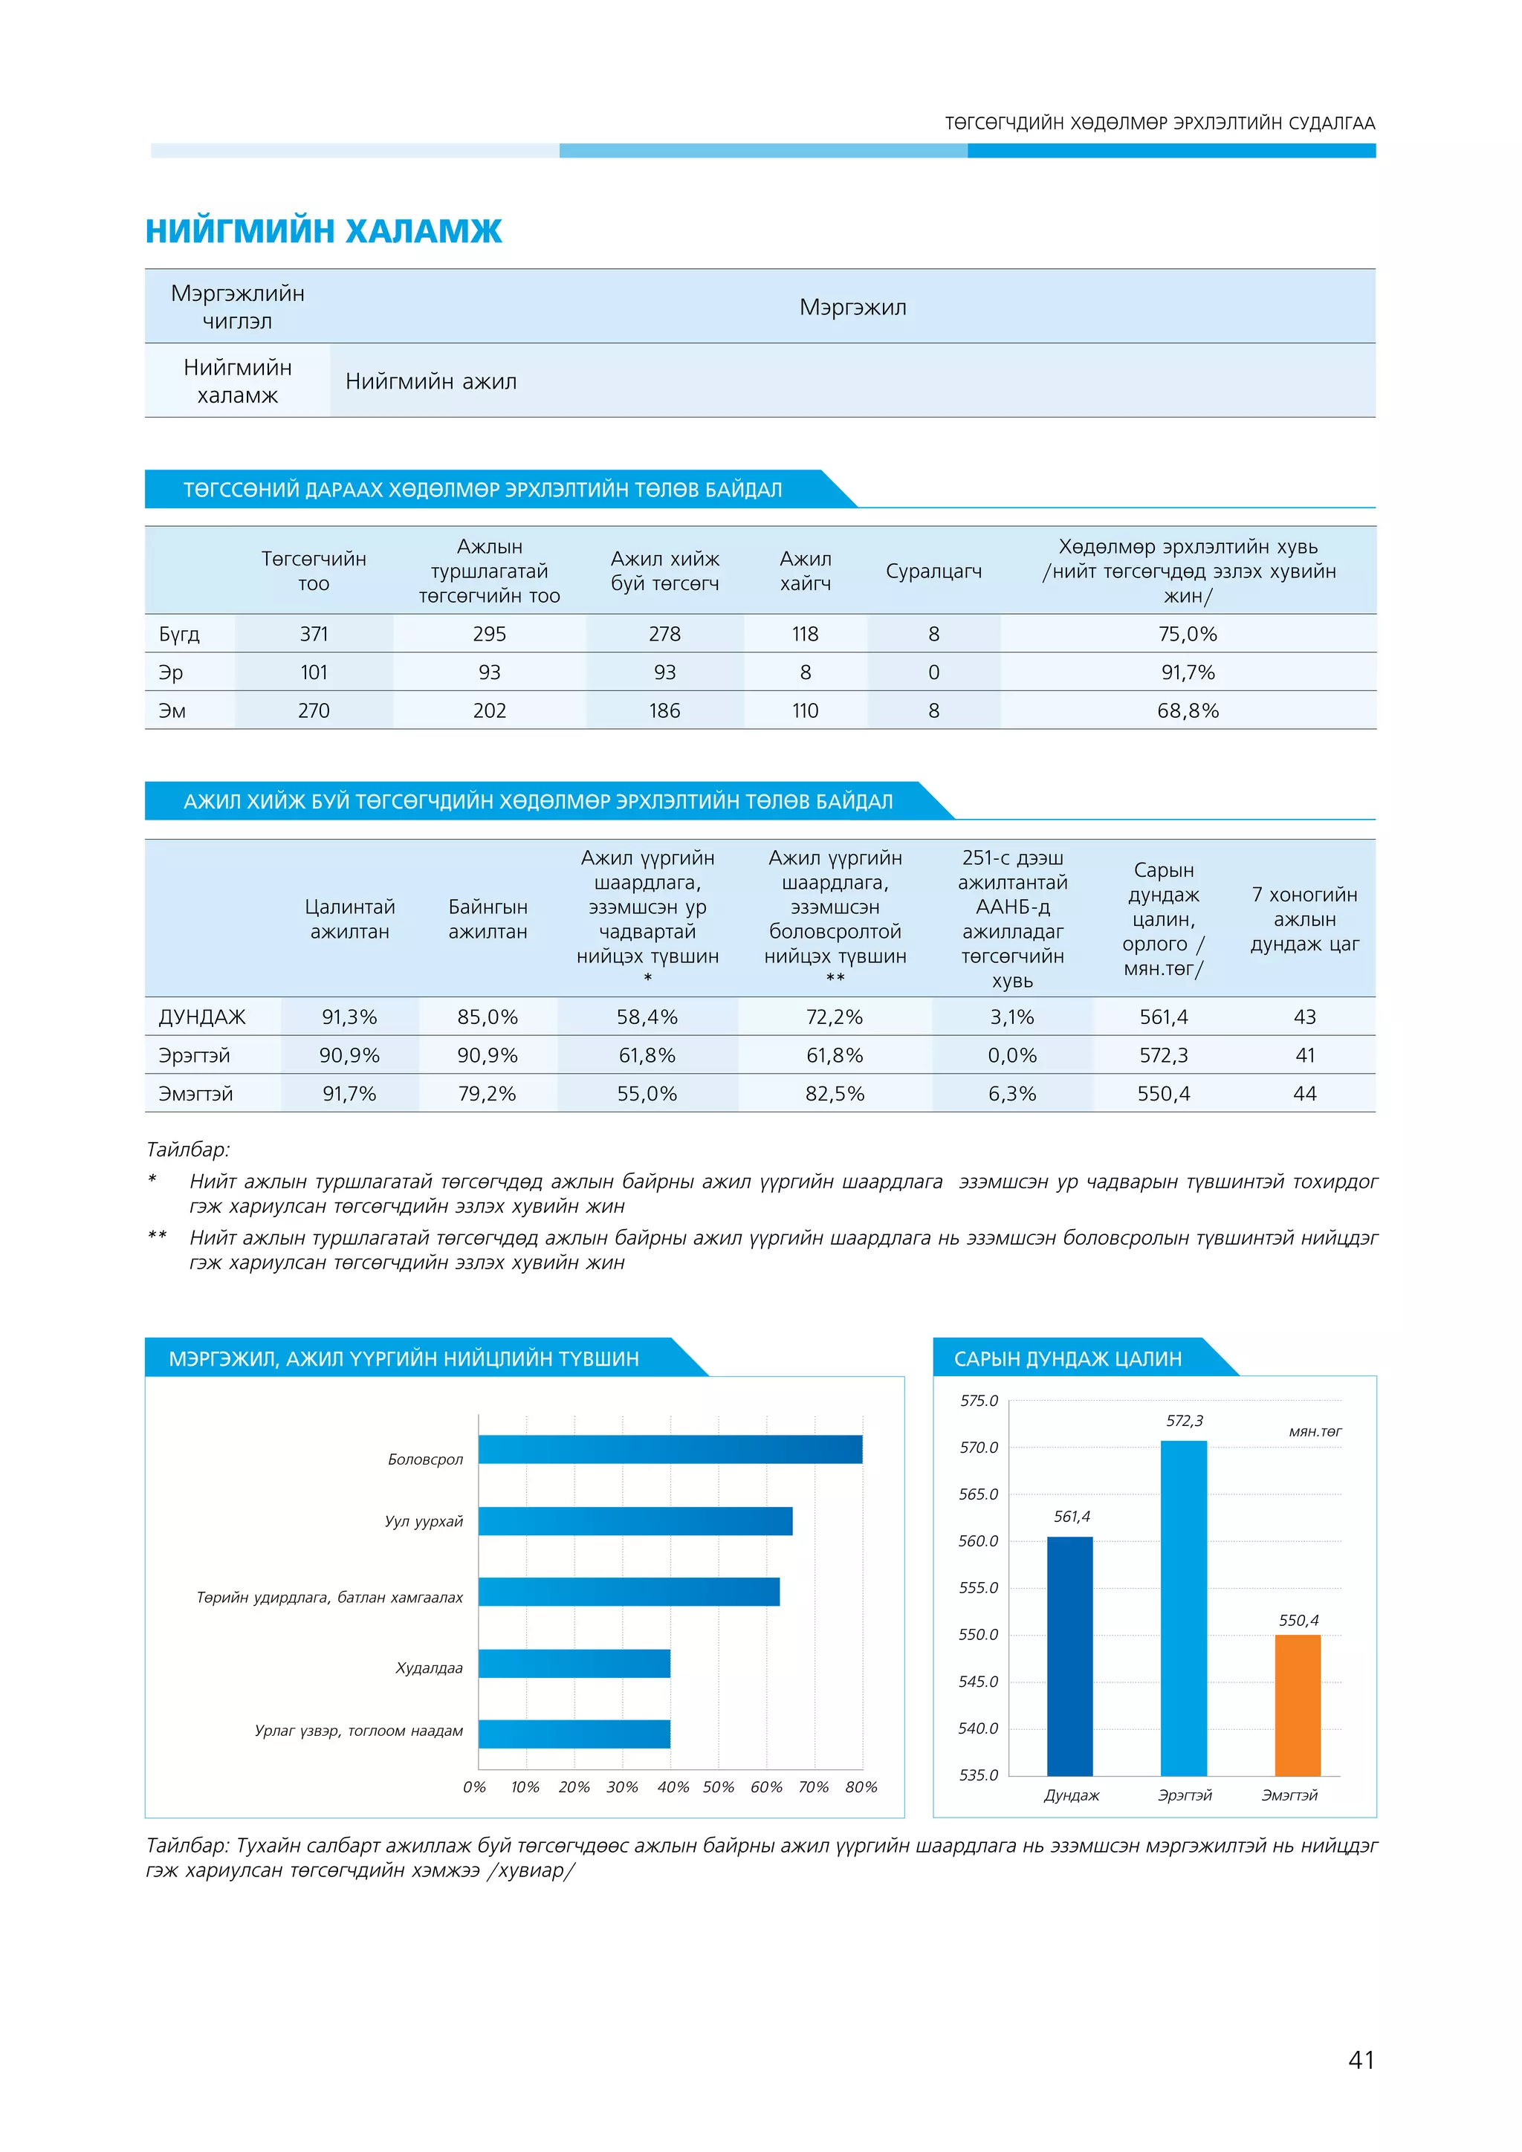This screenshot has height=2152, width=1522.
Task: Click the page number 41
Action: coord(1361,2059)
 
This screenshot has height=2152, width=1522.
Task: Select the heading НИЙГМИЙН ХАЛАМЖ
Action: coord(323,230)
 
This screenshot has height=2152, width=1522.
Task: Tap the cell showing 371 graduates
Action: coord(314,634)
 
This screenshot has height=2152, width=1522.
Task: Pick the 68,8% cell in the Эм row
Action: coord(1188,710)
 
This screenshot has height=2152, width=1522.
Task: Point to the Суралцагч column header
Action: coord(933,571)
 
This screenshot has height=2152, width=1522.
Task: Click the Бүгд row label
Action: coord(179,634)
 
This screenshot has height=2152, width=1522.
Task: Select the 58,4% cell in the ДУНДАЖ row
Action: coord(647,1017)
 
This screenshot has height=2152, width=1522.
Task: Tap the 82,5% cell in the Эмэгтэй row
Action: coord(834,1094)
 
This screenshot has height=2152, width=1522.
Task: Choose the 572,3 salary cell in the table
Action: coord(1163,1055)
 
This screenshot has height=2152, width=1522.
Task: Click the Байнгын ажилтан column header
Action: coord(488,918)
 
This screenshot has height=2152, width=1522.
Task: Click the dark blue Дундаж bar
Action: coord(1069,1656)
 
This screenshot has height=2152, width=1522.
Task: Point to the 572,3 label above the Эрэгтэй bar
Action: coord(1185,1421)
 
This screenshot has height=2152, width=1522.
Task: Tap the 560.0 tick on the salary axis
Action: coord(979,1541)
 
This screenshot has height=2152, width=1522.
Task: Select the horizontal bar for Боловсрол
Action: coord(670,1449)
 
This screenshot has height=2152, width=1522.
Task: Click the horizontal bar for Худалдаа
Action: coord(574,1664)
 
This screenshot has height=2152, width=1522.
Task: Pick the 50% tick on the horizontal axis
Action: coord(718,1786)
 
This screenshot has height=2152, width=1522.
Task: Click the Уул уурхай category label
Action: coord(424,1521)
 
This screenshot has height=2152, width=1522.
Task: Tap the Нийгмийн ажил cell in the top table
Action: coord(431,381)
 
